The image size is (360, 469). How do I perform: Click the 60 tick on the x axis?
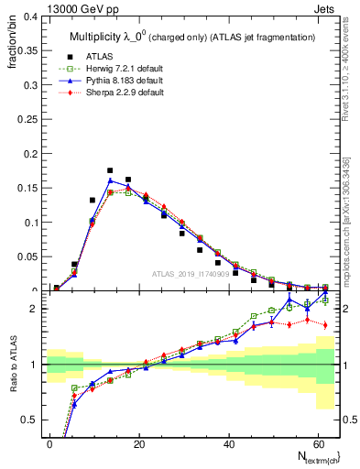pyautogui.click(x=316, y=443)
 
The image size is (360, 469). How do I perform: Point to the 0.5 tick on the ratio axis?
pyautogui.click(x=31, y=420)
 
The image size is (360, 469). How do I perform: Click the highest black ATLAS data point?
pyautogui.click(x=110, y=170)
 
